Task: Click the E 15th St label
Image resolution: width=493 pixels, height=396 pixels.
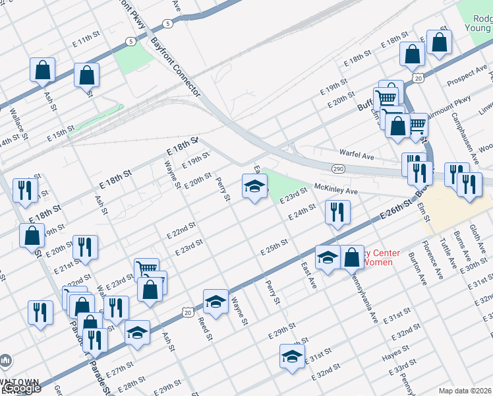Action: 60,135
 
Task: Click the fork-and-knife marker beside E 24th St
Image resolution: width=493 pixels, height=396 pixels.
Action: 337,213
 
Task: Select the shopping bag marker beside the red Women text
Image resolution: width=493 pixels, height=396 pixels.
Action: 353,258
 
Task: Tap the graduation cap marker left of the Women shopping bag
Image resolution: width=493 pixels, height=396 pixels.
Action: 326,257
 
